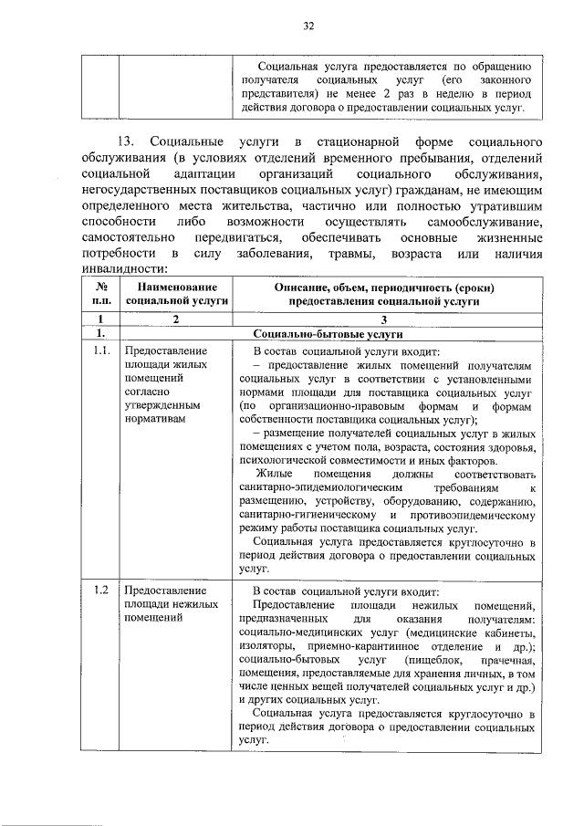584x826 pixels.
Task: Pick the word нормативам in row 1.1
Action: tap(154, 417)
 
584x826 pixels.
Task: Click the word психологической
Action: tap(279, 461)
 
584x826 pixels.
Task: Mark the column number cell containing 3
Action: tap(383, 319)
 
